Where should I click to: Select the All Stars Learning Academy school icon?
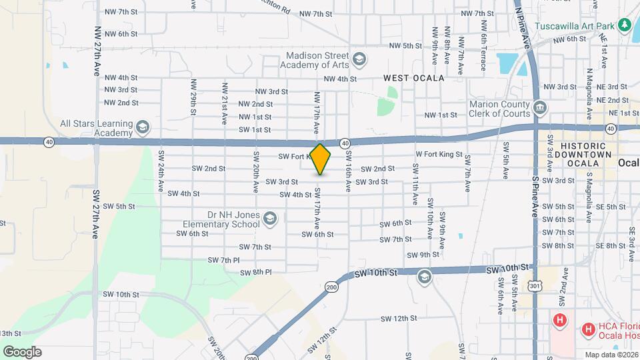pos(142,127)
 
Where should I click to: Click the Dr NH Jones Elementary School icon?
pos(270,219)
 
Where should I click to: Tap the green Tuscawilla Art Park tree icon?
pos(625,25)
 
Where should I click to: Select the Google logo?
pos(22,351)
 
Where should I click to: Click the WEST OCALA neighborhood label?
pos(413,78)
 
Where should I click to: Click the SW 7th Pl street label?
pos(223,259)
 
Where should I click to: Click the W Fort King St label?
pos(439,155)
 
